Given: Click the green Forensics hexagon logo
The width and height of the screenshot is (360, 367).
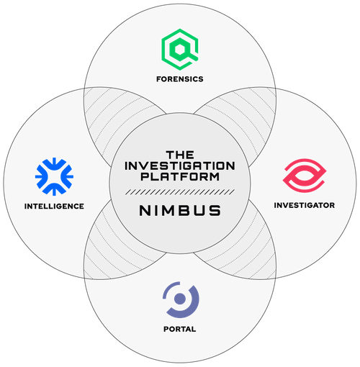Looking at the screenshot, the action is point(180,50).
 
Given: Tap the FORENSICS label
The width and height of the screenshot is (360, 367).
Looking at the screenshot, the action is point(180,79).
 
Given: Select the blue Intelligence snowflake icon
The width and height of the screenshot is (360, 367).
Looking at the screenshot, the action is point(54,176).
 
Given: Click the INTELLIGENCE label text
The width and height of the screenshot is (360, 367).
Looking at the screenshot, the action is point(54,206).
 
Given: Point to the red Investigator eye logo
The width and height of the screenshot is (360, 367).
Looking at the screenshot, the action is point(305,176).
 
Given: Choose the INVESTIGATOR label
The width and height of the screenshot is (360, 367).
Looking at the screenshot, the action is point(305,205).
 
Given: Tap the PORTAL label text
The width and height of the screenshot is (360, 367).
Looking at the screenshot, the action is point(180,329).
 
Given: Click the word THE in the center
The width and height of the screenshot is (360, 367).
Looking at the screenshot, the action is point(180,155).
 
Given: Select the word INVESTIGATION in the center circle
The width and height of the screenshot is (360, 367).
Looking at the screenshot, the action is point(180,166).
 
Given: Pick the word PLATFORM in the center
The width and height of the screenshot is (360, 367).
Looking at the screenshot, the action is point(180,177).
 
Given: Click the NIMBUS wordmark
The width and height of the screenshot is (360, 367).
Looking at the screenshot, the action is point(180,210).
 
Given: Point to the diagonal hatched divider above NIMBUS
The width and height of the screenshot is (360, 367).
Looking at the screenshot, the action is point(180,192).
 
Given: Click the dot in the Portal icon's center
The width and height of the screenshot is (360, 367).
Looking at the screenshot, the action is point(180,299).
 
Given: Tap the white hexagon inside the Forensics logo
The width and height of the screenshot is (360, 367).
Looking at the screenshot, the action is point(179,50).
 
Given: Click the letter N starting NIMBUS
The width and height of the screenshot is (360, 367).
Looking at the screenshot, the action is point(145,210).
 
